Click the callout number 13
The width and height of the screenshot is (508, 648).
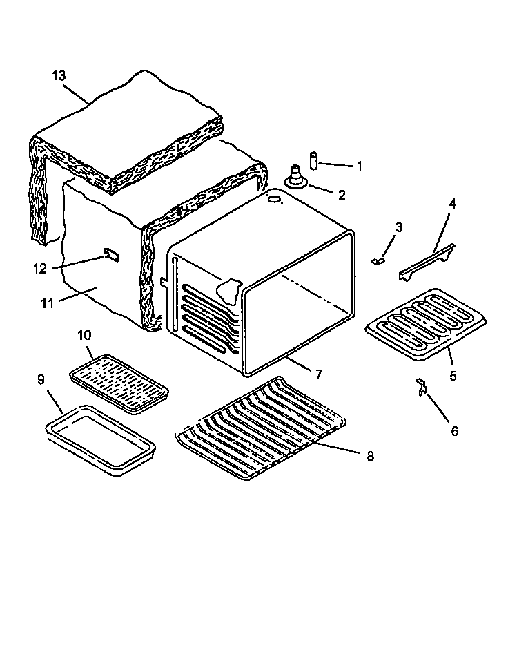[x=59, y=75]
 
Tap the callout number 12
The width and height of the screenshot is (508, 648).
[x=40, y=268]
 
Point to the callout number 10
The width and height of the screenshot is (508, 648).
[x=84, y=335]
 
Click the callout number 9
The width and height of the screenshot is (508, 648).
[x=41, y=379]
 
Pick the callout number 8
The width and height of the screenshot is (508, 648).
[x=370, y=457]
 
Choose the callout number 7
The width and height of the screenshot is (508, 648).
[x=319, y=375]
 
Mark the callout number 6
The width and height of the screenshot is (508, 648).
[x=453, y=430]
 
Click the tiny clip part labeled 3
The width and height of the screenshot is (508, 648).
[x=377, y=261]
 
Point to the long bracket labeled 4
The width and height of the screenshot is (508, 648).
[x=427, y=262]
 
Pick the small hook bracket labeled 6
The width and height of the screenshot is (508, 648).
[x=420, y=388]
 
